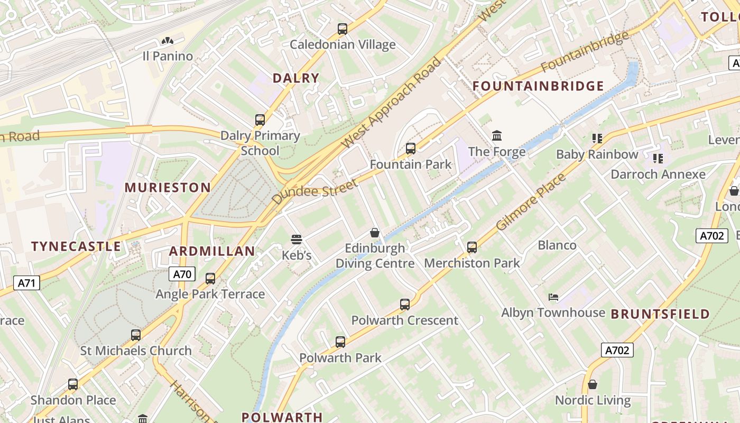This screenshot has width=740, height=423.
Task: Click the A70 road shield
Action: point(182,274)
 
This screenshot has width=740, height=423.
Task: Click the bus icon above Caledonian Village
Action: point(343,29)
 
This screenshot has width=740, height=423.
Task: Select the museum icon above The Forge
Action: point(497,136)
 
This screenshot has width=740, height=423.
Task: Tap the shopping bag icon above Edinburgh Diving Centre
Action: point(375,233)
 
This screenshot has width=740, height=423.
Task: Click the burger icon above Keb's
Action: point(297,240)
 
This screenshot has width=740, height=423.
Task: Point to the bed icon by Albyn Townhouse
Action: point(553,297)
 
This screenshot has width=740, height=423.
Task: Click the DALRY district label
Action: point(296,78)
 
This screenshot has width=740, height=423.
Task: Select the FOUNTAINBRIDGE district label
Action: point(538,86)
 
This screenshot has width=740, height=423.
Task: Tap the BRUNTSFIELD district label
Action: point(660,314)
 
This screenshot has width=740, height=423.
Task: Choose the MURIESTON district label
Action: point(168,187)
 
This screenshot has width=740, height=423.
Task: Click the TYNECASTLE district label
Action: point(76,246)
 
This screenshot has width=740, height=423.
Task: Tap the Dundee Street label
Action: point(315,191)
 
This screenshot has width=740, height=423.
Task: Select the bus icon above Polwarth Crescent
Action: point(405,305)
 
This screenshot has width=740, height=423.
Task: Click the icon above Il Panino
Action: point(168,41)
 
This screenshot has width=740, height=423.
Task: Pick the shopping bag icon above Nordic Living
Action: point(593,384)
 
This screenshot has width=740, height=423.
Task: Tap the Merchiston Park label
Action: point(471,263)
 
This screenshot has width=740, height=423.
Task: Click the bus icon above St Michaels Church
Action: point(136,335)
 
